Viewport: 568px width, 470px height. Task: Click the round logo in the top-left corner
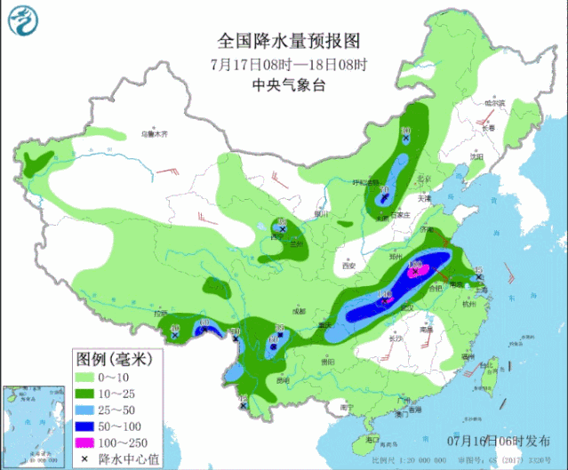[x=25, y=25]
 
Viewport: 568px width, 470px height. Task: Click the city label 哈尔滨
[x=494, y=104]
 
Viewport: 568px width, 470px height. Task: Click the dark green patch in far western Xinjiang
[x=36, y=163]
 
